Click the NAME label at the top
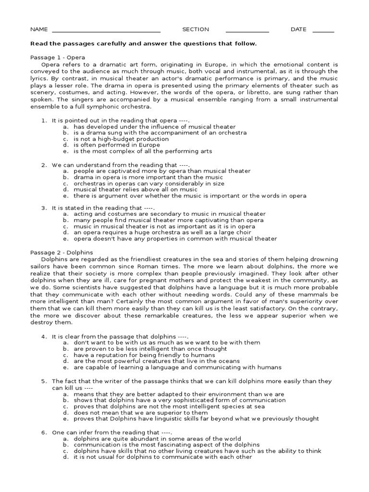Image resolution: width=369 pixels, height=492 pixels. click(39, 29)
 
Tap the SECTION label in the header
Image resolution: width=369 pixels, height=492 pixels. click(196, 29)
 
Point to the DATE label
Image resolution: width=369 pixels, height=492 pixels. click(298, 29)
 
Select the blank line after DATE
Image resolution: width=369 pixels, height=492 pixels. click(323, 31)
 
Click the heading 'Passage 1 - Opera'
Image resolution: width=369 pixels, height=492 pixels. click(58, 57)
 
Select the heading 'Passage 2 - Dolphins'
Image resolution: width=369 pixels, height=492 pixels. click(61, 252)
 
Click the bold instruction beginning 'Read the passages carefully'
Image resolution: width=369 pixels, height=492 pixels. click(144, 44)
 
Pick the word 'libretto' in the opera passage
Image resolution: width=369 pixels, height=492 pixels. click(279, 93)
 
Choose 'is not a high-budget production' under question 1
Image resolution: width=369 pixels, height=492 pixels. click(121, 139)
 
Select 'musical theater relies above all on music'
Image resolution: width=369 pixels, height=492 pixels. click(135, 189)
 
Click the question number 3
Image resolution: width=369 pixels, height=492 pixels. click(43, 208)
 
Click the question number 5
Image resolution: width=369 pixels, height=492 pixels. click(43, 381)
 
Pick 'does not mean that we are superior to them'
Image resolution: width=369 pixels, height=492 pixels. click(141, 412)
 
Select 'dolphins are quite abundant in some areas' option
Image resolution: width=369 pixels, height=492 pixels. click(157, 439)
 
